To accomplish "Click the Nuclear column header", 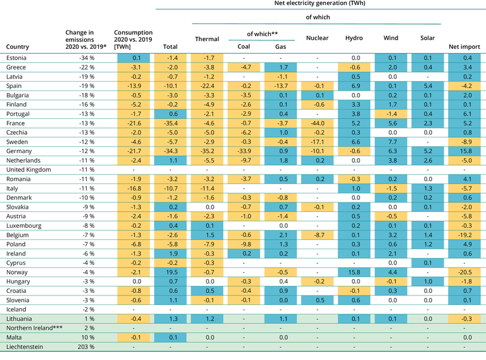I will coord(317,38).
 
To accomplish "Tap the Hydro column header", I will coord(354,38).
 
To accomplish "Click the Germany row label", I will coord(20,151).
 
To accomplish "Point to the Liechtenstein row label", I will coord(25,347).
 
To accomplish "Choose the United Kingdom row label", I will coord(28,170).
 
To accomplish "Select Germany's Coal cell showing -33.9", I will coord(243,151).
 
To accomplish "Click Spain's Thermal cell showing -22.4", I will coord(207,85).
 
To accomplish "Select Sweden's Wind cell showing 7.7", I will coord(390,142).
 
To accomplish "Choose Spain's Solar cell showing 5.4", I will coord(427,85).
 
